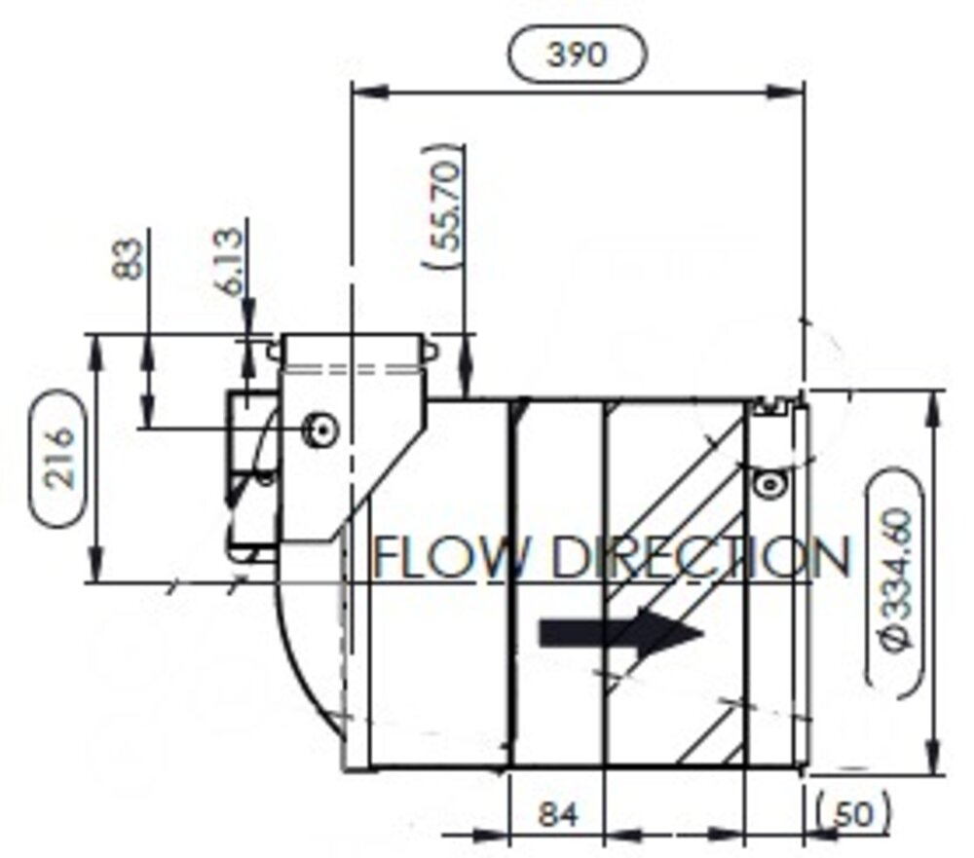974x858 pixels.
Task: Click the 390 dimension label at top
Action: point(576,55)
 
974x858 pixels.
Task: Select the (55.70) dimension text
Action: point(442,207)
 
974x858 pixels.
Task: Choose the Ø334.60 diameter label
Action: point(894,582)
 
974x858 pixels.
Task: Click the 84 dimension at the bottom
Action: point(557,813)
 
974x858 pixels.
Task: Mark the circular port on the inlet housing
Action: point(318,428)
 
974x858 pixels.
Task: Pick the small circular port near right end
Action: point(769,482)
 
